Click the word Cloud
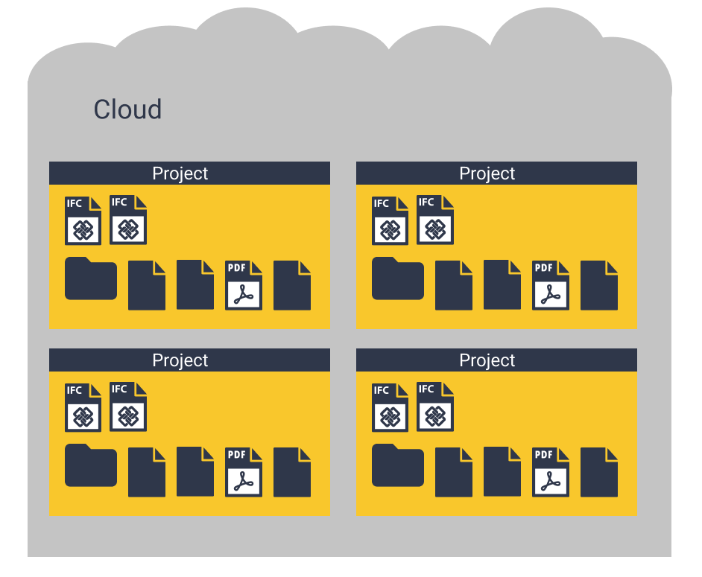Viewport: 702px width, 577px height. tap(127, 109)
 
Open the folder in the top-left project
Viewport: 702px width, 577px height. tap(91, 279)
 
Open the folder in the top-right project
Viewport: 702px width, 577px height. tap(398, 279)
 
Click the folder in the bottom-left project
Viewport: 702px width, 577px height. tap(91, 466)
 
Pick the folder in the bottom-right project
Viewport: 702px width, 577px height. tap(398, 466)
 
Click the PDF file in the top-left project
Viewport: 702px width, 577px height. tap(244, 285)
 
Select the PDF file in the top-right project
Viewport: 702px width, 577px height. tap(551, 285)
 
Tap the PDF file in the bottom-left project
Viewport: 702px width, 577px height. tap(244, 472)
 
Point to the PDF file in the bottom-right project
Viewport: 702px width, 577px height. tap(551, 472)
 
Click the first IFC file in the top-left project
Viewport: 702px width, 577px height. tap(83, 221)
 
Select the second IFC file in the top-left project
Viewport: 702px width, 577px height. tap(128, 220)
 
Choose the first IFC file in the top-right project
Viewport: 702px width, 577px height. tap(390, 221)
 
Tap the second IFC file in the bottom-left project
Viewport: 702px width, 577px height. tap(128, 407)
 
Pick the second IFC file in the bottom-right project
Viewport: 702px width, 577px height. tap(435, 407)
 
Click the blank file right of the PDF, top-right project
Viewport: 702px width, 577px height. tap(599, 285)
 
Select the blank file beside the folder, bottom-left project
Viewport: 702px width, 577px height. tap(147, 472)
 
